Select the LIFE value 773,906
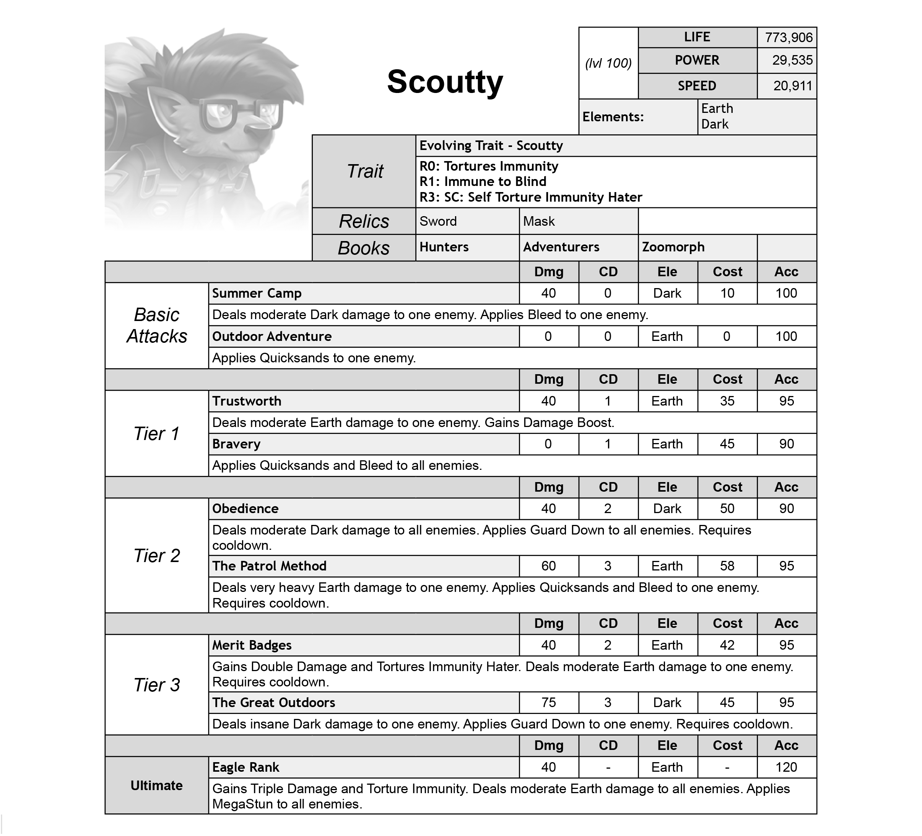point(789,37)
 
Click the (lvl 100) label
point(608,63)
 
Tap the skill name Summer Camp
point(257,293)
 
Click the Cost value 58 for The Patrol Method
point(727,566)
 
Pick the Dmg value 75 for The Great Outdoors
point(548,703)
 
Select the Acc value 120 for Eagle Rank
point(786,768)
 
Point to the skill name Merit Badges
point(252,645)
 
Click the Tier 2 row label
point(157,556)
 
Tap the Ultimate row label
point(157,785)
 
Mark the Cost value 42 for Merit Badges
point(727,645)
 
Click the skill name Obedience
point(245,509)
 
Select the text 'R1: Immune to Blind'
point(483,182)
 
